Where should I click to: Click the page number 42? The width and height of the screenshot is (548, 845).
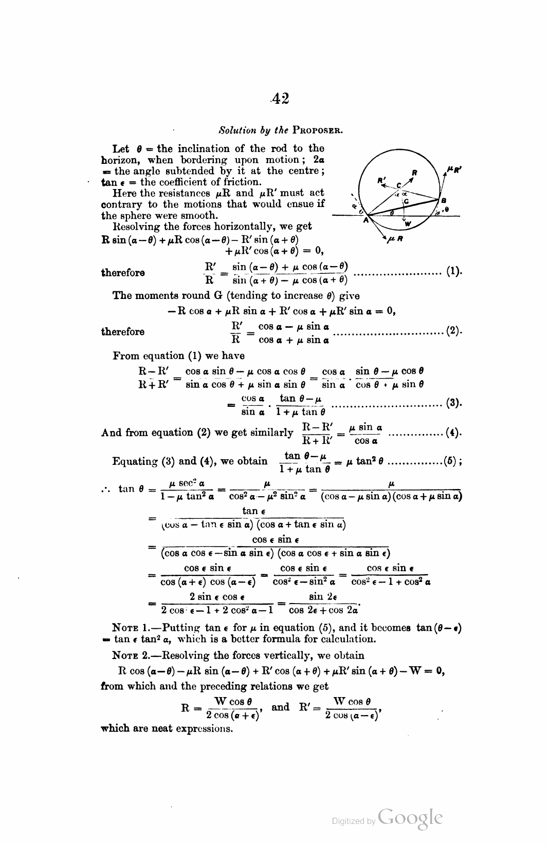[x=281, y=98]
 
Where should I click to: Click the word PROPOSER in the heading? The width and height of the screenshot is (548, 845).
[x=317, y=130]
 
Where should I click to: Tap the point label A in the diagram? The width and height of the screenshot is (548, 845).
[x=366, y=220]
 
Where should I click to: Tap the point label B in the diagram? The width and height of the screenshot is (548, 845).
[x=444, y=200]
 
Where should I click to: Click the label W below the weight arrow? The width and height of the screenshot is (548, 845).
[x=408, y=224]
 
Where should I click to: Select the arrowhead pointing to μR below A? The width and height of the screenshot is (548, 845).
[x=384, y=237]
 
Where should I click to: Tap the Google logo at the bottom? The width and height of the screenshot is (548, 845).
[x=410, y=818]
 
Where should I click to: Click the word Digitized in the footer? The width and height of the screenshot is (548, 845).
[x=349, y=821]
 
